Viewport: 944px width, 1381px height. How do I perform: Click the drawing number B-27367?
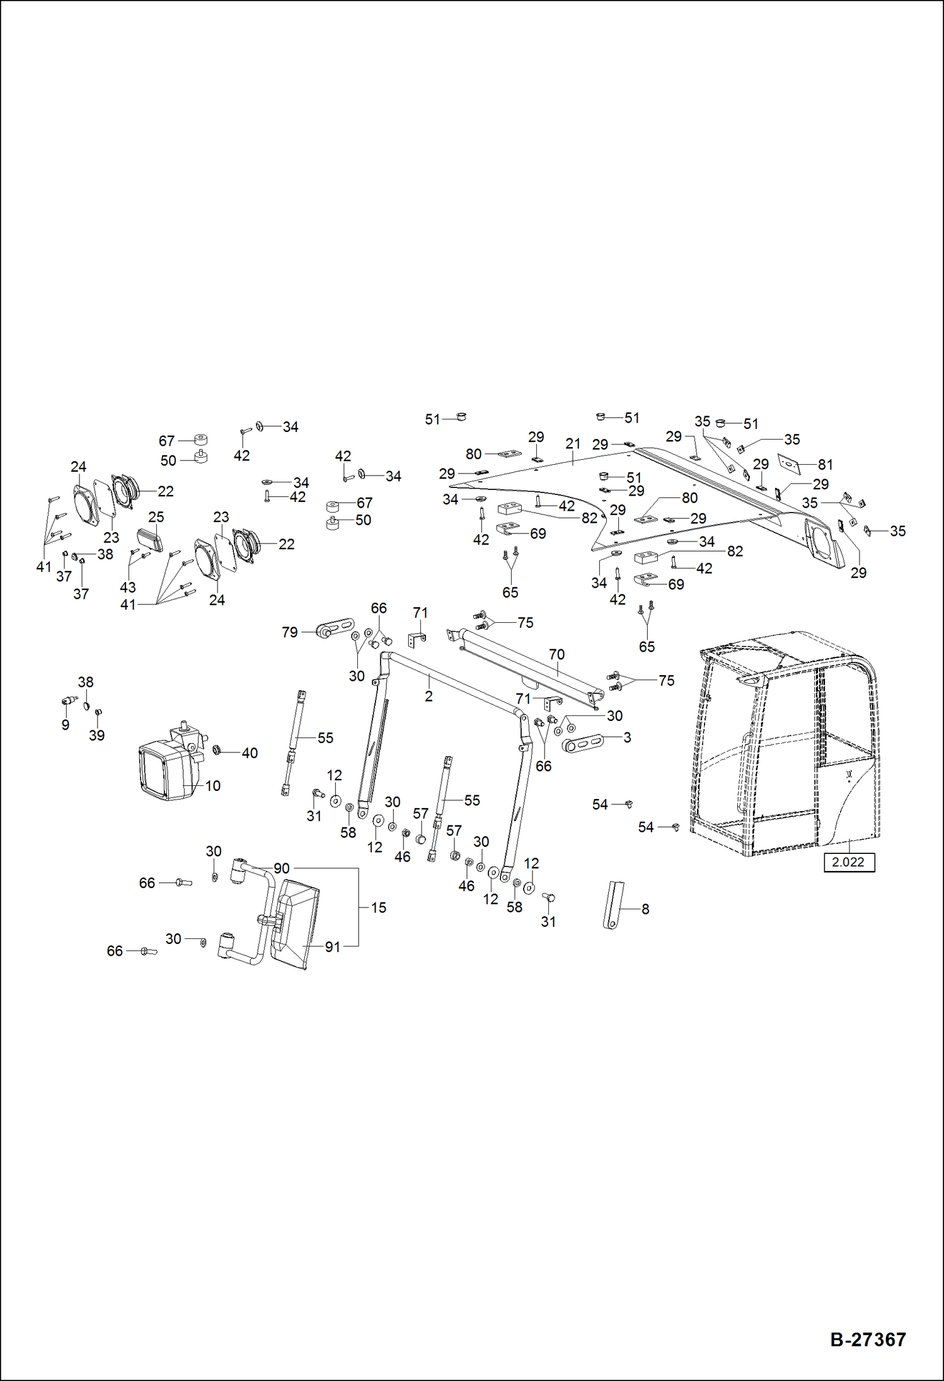(868, 1340)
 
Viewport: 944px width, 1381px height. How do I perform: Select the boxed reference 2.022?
(848, 862)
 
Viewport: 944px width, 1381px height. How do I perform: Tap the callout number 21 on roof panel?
(572, 444)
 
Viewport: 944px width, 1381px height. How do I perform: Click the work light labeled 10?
(164, 770)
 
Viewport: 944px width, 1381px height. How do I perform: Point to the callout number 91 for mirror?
(332, 947)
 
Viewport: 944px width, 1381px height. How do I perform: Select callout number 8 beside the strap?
(645, 909)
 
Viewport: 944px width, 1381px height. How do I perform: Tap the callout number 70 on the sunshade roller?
(556, 654)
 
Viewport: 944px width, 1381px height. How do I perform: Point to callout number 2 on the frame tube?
(429, 696)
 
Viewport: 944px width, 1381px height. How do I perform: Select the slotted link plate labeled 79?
(336, 629)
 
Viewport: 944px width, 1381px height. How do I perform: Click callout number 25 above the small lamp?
(156, 517)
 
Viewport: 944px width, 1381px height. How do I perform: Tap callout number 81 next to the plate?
(825, 465)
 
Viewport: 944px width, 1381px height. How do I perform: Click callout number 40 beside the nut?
(250, 753)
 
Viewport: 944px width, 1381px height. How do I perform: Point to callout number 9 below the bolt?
(65, 725)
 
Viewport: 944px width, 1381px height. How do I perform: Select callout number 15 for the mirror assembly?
(378, 907)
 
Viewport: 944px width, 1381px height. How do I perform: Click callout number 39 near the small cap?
(96, 736)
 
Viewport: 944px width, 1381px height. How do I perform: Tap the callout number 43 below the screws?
(127, 588)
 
